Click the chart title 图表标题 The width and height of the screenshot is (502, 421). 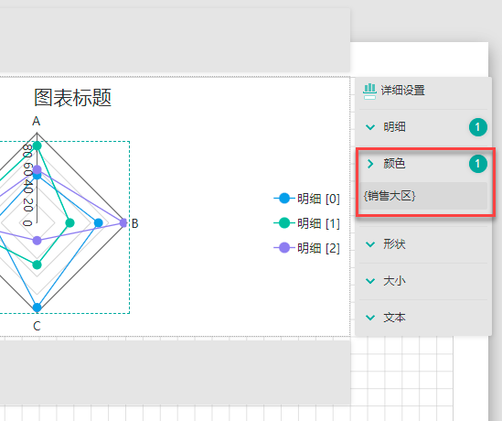pyautogui.click(x=72, y=97)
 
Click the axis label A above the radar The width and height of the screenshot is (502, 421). pyautogui.click(x=37, y=122)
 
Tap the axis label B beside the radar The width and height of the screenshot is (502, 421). pyautogui.click(x=134, y=223)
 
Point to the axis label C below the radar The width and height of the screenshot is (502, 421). pyautogui.click(x=37, y=326)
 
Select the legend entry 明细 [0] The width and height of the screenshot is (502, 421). pyautogui.click(x=306, y=199)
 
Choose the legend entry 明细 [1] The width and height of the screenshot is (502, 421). pyautogui.click(x=306, y=223)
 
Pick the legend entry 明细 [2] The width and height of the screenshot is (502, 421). pyautogui.click(x=306, y=248)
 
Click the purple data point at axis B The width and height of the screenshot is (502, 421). pyautogui.click(x=123, y=222)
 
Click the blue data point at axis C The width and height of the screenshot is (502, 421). pyautogui.click(x=37, y=308)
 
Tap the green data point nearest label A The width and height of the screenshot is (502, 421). pyautogui.click(x=37, y=146)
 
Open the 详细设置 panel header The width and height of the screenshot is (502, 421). pyautogui.click(x=402, y=91)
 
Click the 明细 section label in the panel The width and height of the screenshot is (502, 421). pyautogui.click(x=394, y=127)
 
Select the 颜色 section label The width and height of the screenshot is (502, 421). pyautogui.click(x=394, y=164)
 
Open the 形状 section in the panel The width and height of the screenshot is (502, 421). pyautogui.click(x=394, y=244)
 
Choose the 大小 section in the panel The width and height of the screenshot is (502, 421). pyautogui.click(x=394, y=281)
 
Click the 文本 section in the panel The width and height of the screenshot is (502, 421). pyautogui.click(x=394, y=318)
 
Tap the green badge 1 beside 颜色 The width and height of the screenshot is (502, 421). pyautogui.click(x=478, y=164)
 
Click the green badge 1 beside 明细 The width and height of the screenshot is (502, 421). pyautogui.click(x=478, y=127)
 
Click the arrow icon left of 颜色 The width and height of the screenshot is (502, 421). pyautogui.click(x=370, y=164)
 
